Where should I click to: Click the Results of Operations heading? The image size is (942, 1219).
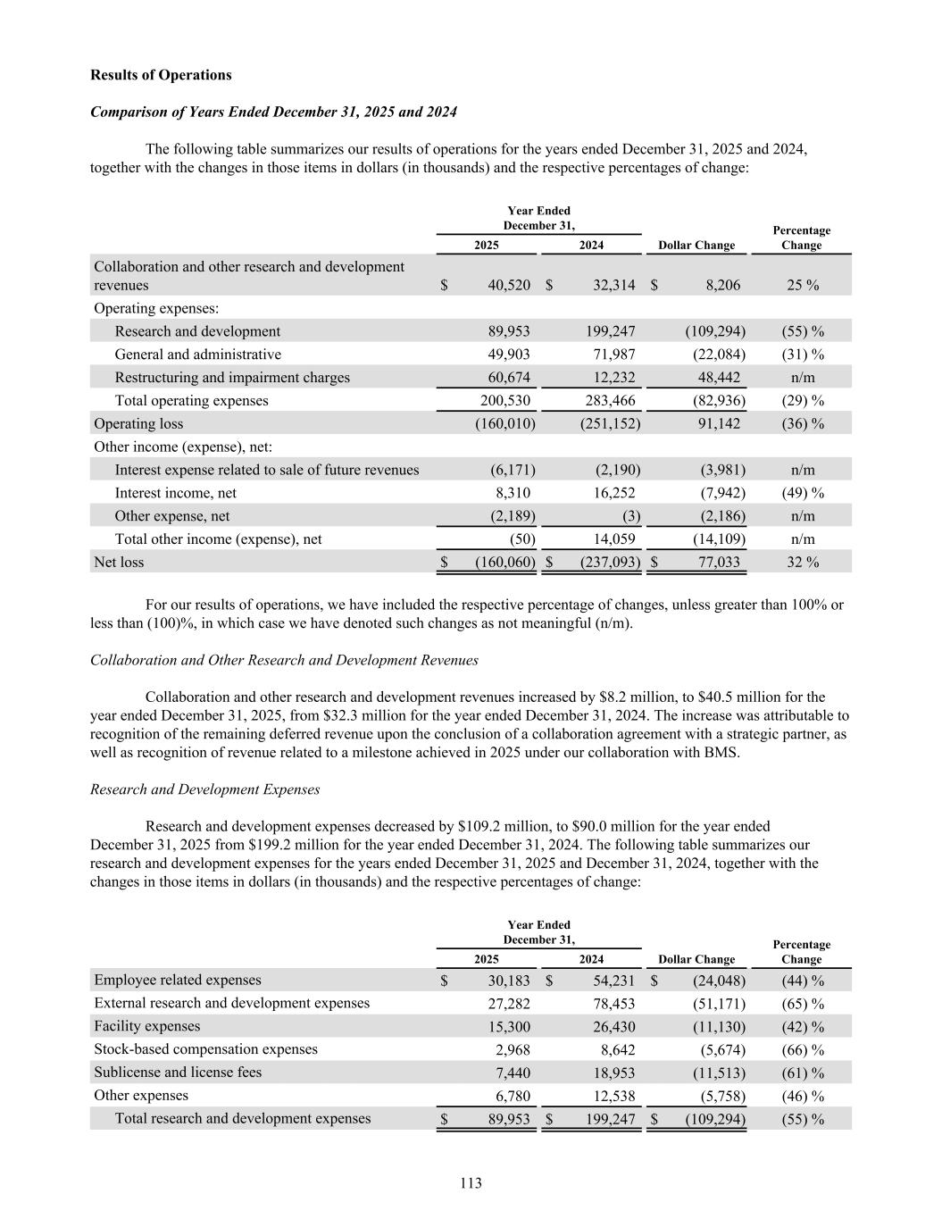click(x=161, y=75)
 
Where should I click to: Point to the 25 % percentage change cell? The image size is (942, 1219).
click(x=801, y=285)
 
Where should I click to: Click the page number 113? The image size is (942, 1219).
click(x=471, y=1183)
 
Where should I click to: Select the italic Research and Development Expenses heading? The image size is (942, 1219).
click(x=205, y=789)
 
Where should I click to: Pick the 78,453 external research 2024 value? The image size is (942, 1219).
click(x=613, y=1004)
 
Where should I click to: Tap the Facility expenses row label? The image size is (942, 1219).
click(x=147, y=1026)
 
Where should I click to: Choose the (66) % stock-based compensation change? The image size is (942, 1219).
click(x=802, y=1049)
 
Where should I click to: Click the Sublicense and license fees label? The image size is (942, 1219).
click(x=178, y=1073)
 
